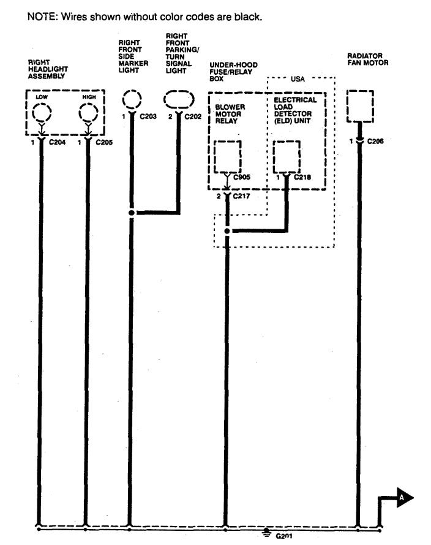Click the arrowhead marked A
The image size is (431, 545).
[x=405, y=498]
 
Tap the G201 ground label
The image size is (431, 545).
[x=284, y=536]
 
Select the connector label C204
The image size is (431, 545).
[x=58, y=142]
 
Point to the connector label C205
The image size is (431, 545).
[x=104, y=142]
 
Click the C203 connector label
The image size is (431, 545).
[x=148, y=116]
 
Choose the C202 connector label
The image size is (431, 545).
[x=193, y=116]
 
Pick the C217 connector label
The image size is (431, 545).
[x=242, y=196]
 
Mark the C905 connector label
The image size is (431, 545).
[x=242, y=177]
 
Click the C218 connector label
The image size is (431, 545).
[x=302, y=177]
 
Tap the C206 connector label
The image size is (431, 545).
[x=375, y=141]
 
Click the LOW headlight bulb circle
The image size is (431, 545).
[x=42, y=113]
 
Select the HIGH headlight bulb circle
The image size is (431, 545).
[x=88, y=113]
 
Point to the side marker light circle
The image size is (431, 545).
[x=132, y=100]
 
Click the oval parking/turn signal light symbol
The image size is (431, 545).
[x=179, y=100]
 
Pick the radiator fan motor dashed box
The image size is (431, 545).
[x=360, y=106]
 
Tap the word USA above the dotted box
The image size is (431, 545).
[x=298, y=79]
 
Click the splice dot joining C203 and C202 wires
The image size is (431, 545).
[x=132, y=213]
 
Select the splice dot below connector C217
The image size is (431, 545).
[x=227, y=231]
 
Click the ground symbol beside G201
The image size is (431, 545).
[x=266, y=533]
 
